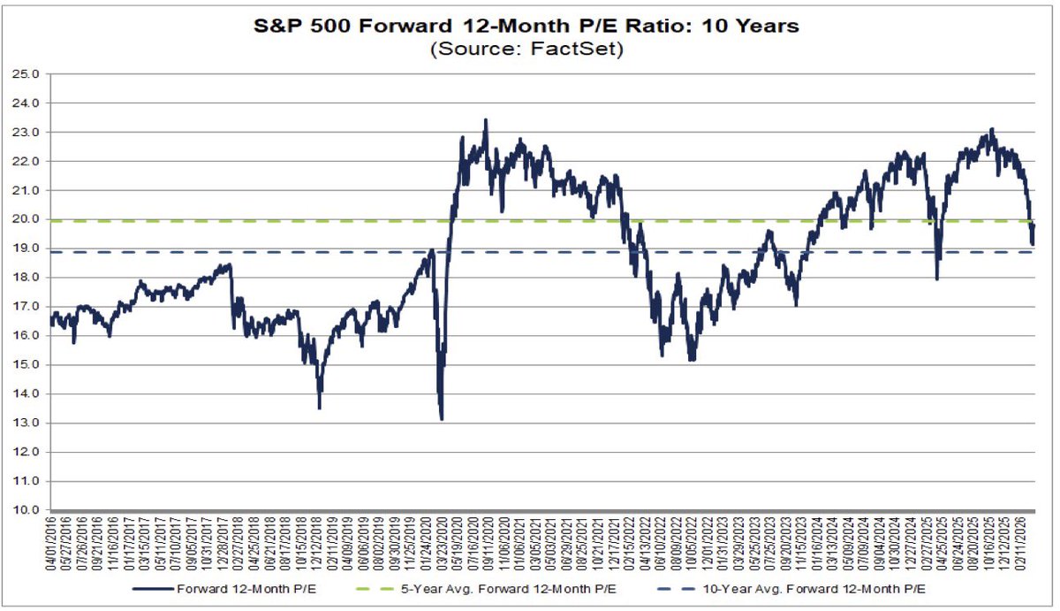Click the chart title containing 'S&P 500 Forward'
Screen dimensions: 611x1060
(526, 26)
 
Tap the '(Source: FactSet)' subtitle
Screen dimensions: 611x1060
(526, 50)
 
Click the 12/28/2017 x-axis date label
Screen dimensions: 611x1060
(227, 545)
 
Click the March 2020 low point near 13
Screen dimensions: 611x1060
(442, 419)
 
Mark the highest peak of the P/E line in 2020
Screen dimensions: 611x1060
(485, 119)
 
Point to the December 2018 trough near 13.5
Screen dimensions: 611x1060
(319, 408)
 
